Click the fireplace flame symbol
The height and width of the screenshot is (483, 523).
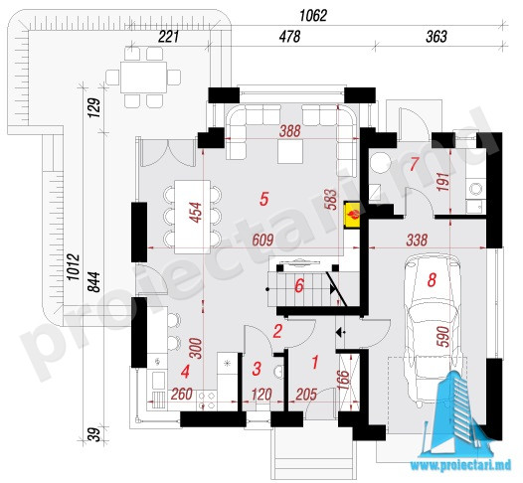coord(353,215)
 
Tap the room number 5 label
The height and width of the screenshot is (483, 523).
coord(263,200)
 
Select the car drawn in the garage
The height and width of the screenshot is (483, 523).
coord(431,329)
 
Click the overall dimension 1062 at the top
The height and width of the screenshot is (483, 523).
coord(313,15)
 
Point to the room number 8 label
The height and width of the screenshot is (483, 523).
coord(432,280)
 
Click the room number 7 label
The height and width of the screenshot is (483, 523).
coord(414,164)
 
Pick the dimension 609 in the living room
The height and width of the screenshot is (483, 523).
coord(262,240)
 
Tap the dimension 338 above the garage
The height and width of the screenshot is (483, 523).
coord(417,240)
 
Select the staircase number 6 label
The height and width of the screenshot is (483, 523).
coord(299,286)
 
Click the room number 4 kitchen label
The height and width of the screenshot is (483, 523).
coord(185,372)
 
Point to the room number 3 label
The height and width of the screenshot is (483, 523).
coord(257,369)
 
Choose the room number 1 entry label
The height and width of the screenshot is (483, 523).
coord(314,362)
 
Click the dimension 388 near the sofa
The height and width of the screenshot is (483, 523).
coord(290,131)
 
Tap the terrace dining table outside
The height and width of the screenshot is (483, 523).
coord(143,78)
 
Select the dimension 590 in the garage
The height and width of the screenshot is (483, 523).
coord(445,336)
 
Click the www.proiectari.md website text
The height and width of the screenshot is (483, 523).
coord(460,465)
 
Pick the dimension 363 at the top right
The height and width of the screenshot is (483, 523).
coord(436,37)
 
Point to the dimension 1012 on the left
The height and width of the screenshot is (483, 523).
coord(74,266)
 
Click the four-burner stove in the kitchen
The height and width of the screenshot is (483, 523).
coord(207,400)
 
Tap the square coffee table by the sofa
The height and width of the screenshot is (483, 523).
coord(290,151)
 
